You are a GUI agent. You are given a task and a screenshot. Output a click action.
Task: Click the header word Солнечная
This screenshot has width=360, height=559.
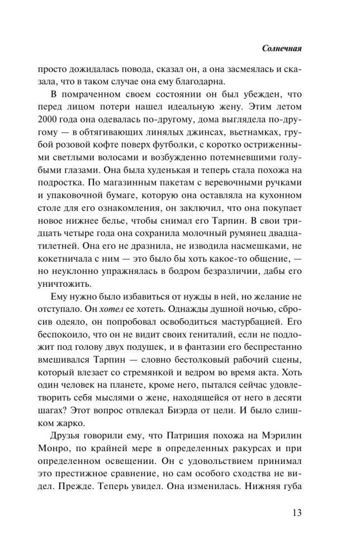click(x=282, y=48)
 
